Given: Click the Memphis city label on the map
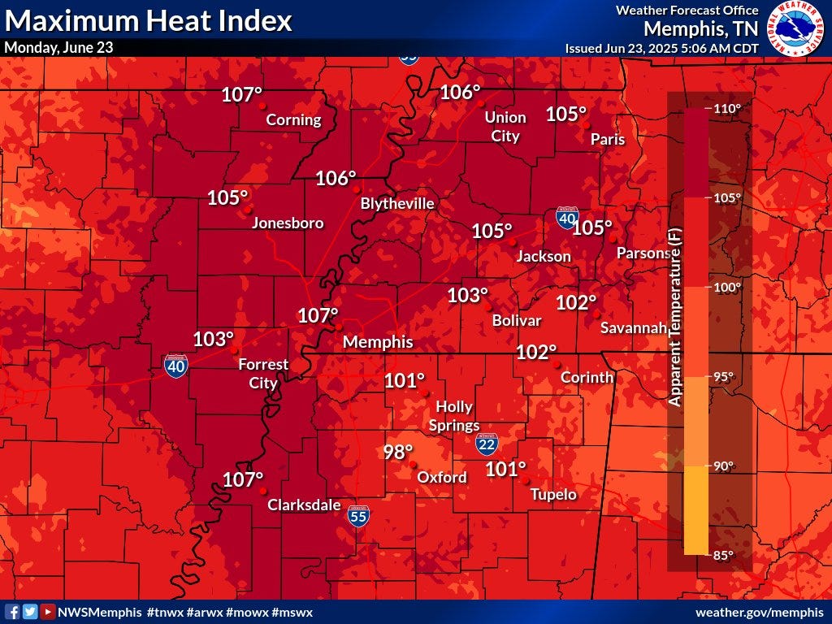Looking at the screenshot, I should pos(378,342).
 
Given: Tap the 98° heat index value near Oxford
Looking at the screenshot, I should pos(398,452).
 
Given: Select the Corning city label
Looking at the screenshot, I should pos(294,120).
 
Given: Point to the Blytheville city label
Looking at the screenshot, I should pos(397,203).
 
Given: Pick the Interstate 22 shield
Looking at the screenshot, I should pos(487,444).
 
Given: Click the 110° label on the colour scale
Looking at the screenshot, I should pos(727,109).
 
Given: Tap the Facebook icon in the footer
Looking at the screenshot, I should pos(12,612).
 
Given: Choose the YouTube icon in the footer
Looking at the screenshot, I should pos(48,612).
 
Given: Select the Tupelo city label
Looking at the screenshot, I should pos(553,495).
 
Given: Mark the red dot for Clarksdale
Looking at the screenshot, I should pos(262,491).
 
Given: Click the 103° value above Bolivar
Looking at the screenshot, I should pos(468,296).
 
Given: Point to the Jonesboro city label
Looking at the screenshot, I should pos(288,223).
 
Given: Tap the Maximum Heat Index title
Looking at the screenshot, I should pos(149,20).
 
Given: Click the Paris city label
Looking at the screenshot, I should pos(608,139).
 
